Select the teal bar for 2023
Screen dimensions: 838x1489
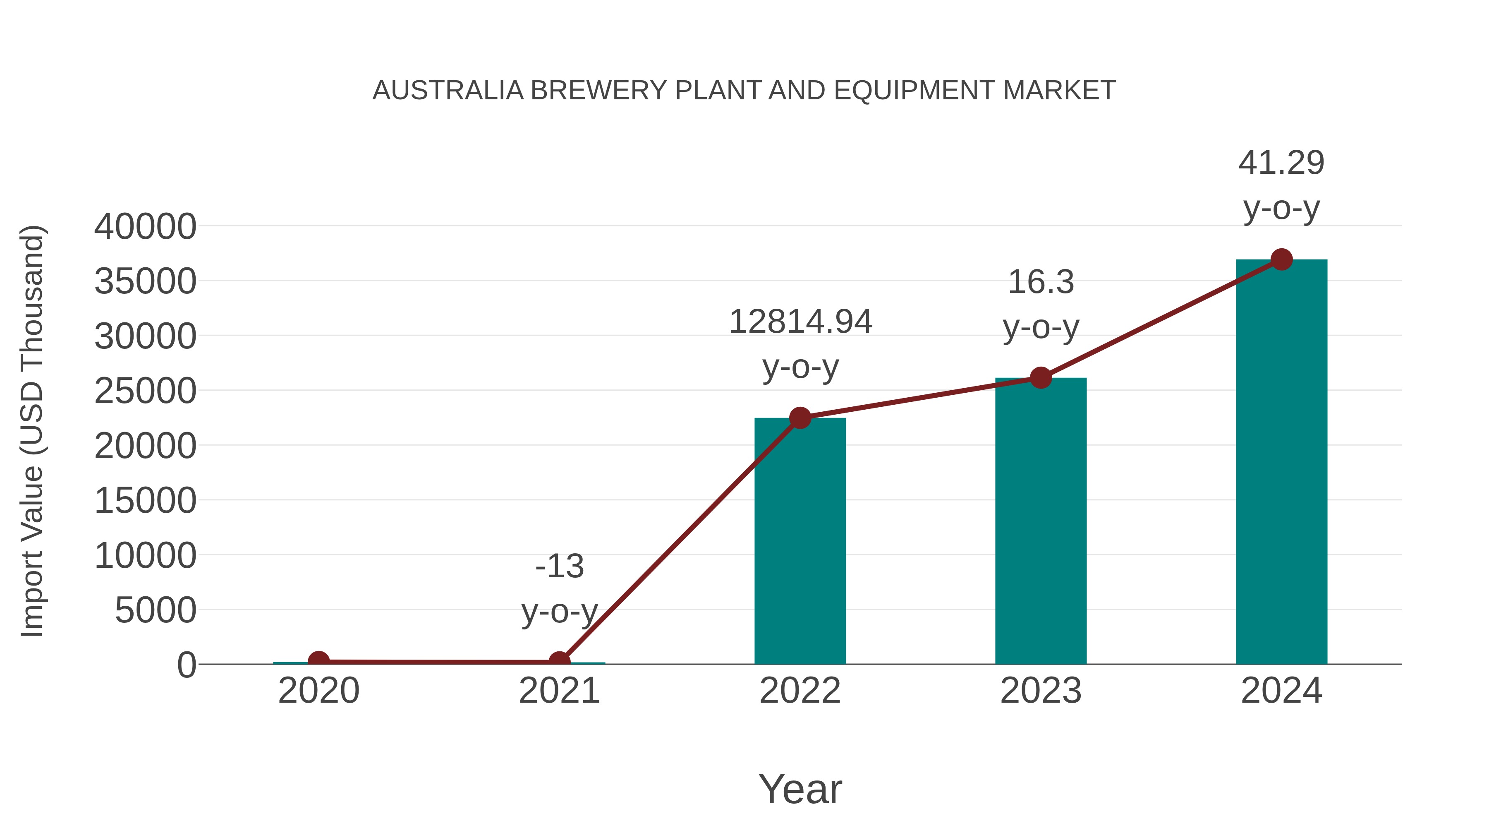(x=1041, y=521)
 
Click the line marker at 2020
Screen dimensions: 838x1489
(x=318, y=661)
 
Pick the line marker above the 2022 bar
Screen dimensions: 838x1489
(x=800, y=418)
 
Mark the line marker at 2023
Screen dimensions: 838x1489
(x=1041, y=378)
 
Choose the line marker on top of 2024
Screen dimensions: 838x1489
(x=1281, y=259)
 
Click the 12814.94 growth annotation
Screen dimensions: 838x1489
(x=800, y=322)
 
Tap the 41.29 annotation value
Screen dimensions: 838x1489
(x=1281, y=163)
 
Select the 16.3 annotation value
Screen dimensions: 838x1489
(x=1041, y=282)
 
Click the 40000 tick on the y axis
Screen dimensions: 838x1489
(x=145, y=227)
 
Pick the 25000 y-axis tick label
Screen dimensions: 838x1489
(x=145, y=391)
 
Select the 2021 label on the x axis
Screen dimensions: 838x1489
(x=559, y=691)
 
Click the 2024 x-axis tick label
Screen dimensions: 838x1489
(x=1281, y=691)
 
